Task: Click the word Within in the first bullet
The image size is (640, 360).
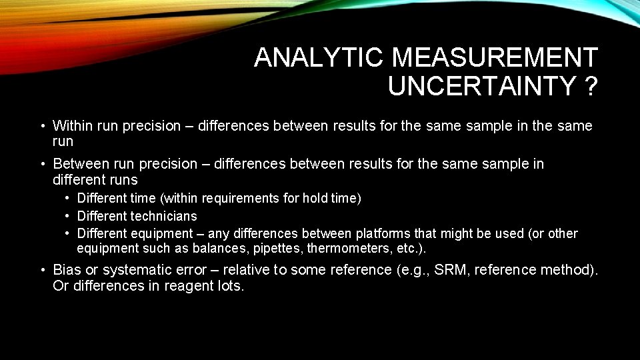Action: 73,126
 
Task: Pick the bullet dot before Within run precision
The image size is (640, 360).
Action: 41,126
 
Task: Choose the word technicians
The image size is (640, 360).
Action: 164,216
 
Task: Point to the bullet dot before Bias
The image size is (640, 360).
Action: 41,270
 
